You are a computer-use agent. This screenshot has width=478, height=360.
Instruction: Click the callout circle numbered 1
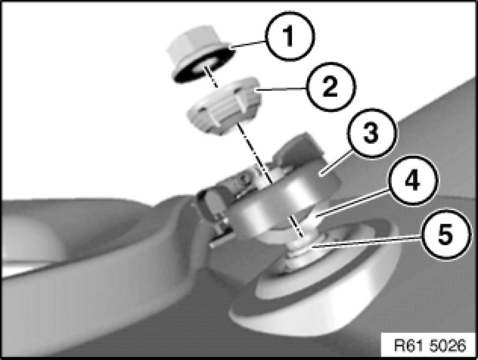290,36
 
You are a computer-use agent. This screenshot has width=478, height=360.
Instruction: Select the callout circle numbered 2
331,86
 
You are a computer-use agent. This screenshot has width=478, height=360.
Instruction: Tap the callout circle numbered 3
371,133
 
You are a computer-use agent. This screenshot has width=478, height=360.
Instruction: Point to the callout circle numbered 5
445,235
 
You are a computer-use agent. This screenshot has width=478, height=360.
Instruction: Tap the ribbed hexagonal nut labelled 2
223,105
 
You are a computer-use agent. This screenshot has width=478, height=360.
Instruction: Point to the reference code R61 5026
430,345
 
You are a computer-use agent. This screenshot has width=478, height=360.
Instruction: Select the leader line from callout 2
281,89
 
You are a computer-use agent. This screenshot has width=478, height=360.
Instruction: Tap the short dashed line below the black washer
211,77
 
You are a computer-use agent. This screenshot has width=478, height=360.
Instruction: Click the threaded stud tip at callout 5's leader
300,247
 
